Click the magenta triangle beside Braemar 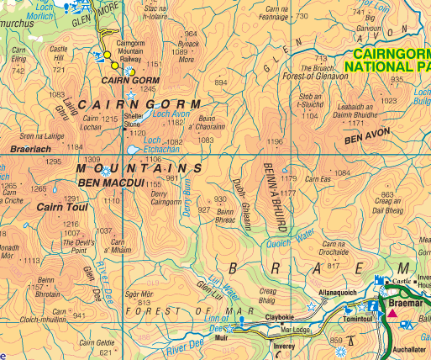(x=392, y=314)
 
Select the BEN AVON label (x=364, y=135)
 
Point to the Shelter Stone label (x=133, y=120)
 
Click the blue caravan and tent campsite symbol (x=407, y=324)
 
